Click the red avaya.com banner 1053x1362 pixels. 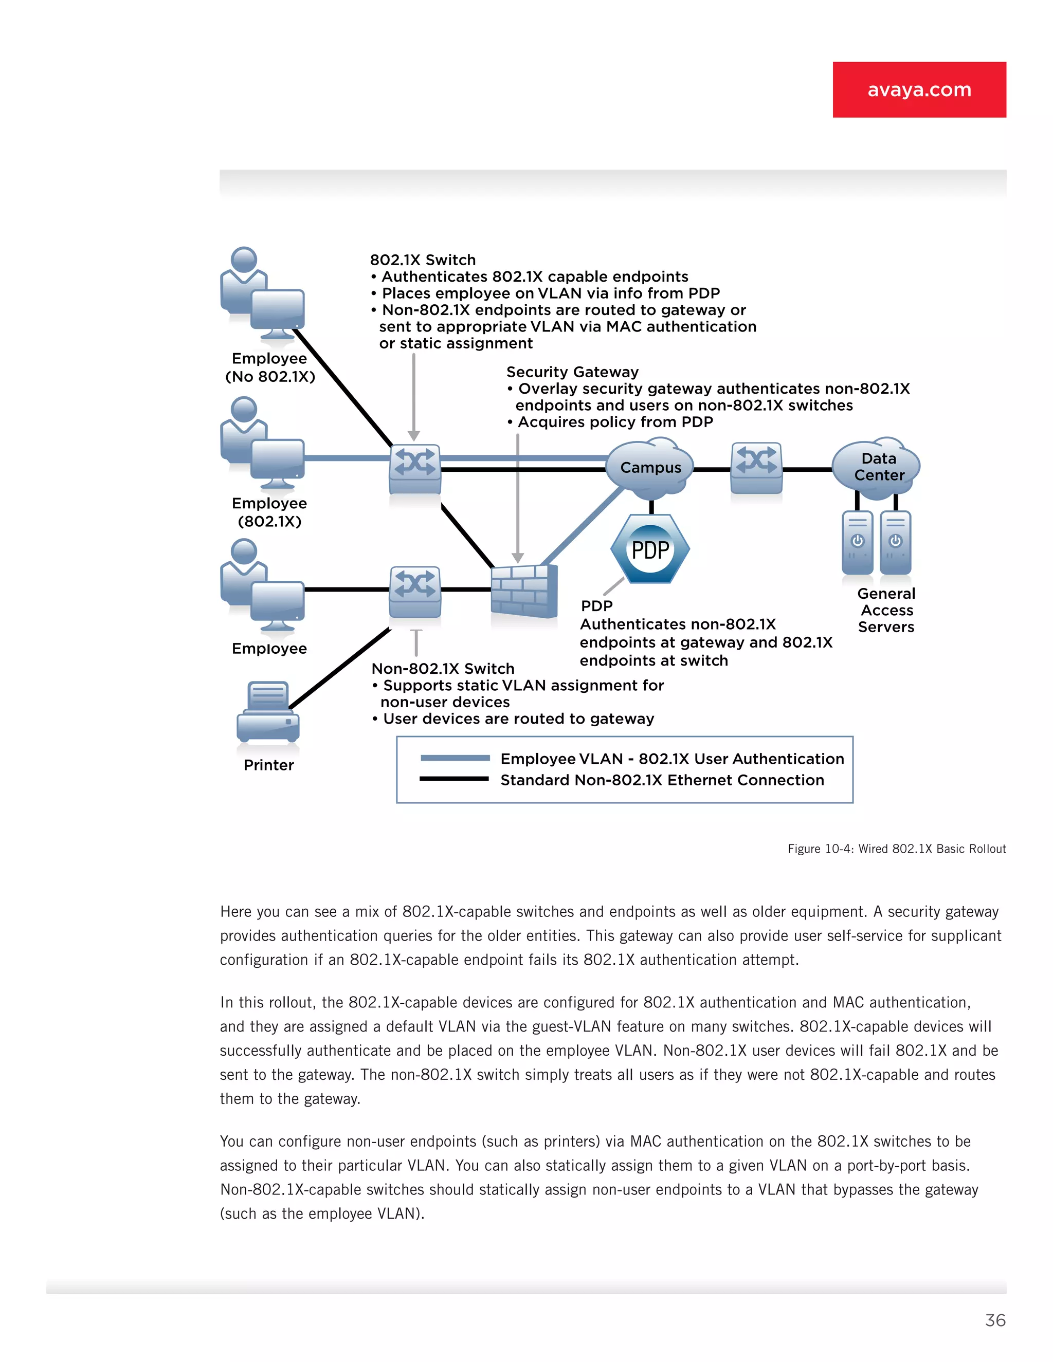pyautogui.click(x=919, y=89)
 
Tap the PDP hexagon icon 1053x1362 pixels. pyautogui.click(x=650, y=549)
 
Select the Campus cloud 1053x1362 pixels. pyautogui.click(x=650, y=468)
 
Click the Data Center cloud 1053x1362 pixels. pyautogui.click(x=877, y=467)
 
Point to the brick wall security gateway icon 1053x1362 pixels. pyautogui.click(x=523, y=591)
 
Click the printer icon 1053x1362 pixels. pyautogui.click(x=268, y=712)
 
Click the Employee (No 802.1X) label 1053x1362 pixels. pyautogui.click(x=269, y=367)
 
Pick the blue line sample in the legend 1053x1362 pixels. pyautogui.click(x=455, y=758)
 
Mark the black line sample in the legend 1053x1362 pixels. pyautogui.click(x=454, y=779)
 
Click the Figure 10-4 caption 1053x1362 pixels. pyautogui.click(x=896, y=849)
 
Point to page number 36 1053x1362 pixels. pyautogui.click(x=995, y=1320)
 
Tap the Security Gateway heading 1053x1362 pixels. pyautogui.click(x=572, y=372)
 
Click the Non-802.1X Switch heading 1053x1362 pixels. pyautogui.click(x=443, y=669)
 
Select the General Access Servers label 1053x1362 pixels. pyautogui.click(x=886, y=610)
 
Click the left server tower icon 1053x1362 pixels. pyautogui.click(x=857, y=542)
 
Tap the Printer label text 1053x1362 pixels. pyautogui.click(x=268, y=765)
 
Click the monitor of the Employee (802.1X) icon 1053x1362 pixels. pyautogui.click(x=278, y=459)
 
